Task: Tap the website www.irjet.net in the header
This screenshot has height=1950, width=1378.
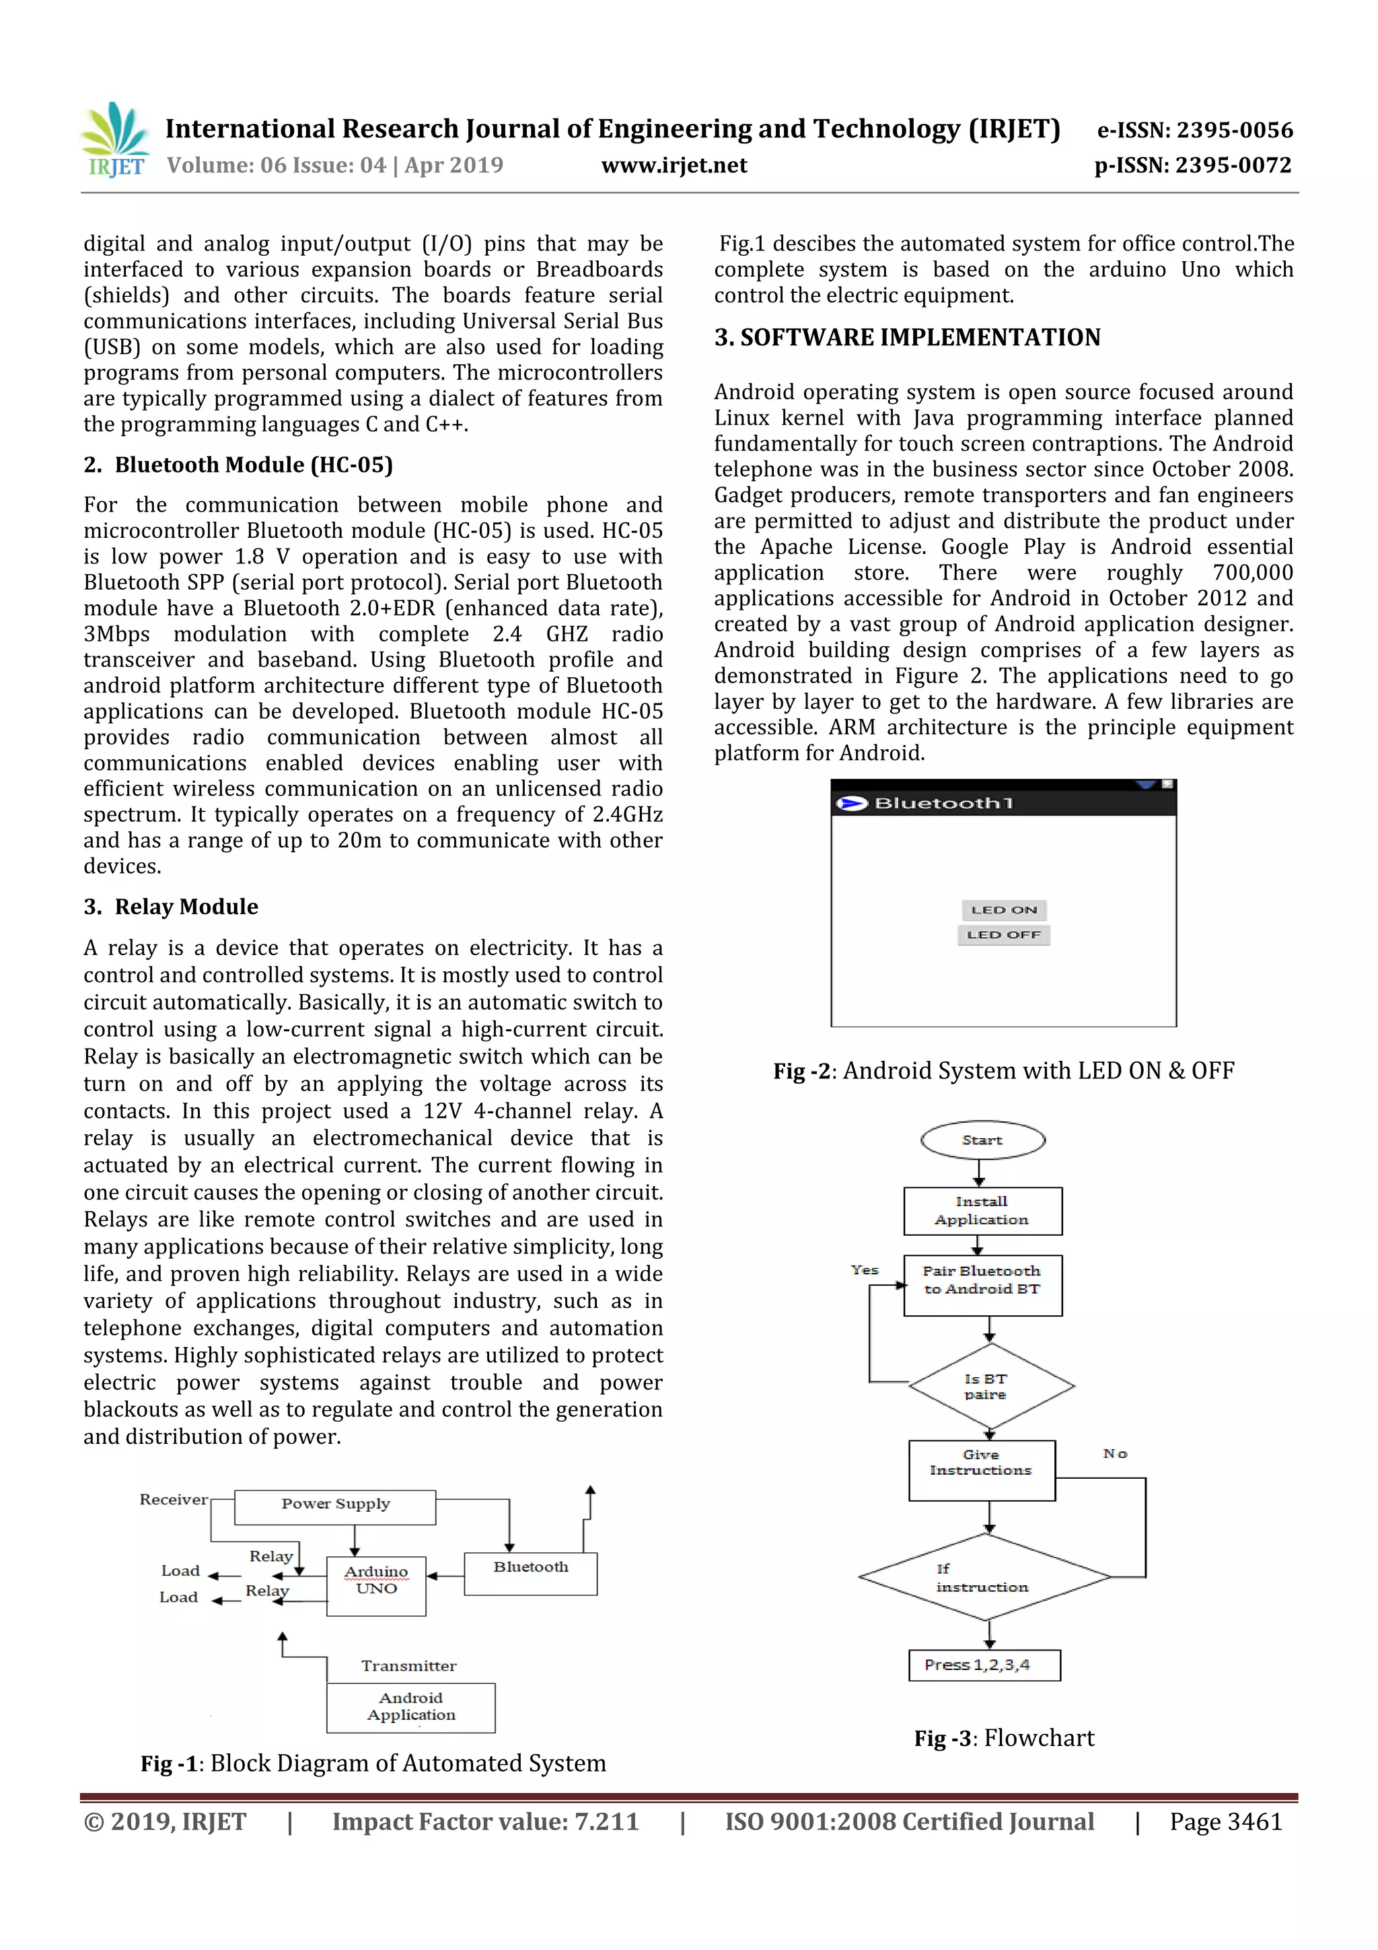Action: point(674,166)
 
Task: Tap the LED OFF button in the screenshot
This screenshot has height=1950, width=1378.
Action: point(1004,935)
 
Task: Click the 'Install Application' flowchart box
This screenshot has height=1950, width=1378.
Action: point(982,1211)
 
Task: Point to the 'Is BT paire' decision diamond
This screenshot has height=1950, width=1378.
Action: point(990,1386)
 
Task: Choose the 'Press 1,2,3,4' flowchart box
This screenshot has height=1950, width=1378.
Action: point(984,1665)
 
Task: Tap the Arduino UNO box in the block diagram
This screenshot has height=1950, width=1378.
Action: point(376,1580)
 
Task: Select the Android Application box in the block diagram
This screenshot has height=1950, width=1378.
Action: point(411,1706)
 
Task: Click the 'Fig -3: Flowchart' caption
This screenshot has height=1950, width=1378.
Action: point(1004,1739)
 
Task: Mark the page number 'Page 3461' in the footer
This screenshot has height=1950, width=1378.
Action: point(1225,1821)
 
